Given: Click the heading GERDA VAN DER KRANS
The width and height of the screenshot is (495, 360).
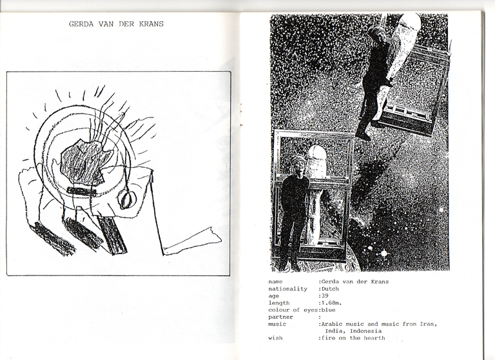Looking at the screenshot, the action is coord(116,24).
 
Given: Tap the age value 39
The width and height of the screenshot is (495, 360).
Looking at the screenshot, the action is coord(325,296).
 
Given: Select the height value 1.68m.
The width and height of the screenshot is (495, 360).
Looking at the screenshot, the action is coord(332,303).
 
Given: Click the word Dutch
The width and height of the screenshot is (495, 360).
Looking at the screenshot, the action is coord(330,289).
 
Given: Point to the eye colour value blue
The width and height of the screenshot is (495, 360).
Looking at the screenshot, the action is coord(328,310).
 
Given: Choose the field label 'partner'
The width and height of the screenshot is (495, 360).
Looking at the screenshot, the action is coord(280,317).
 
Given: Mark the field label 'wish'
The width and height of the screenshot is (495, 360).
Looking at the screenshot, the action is coord(275,338).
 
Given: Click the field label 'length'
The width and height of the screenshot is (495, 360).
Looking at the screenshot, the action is coord(278,303).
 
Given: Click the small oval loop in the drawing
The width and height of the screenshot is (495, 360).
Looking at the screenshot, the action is coord(127,200).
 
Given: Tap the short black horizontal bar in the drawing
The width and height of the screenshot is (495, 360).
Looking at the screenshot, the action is coord(81,190).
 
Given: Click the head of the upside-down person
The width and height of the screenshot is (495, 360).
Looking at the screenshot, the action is coord(378,35).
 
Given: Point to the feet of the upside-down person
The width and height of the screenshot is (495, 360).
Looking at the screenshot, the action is coord(362,134).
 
